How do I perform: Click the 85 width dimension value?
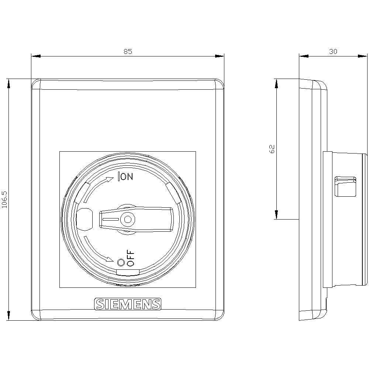click(x=127, y=52)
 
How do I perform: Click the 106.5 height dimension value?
click(x=4, y=200)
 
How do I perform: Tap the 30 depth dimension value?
click(x=333, y=52)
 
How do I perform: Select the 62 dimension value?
click(x=272, y=149)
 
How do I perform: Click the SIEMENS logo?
click(x=128, y=304)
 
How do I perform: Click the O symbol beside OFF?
click(x=120, y=262)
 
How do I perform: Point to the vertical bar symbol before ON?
click(x=118, y=177)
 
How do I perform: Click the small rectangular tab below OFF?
click(x=128, y=272)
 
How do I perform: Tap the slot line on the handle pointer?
click(x=110, y=220)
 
